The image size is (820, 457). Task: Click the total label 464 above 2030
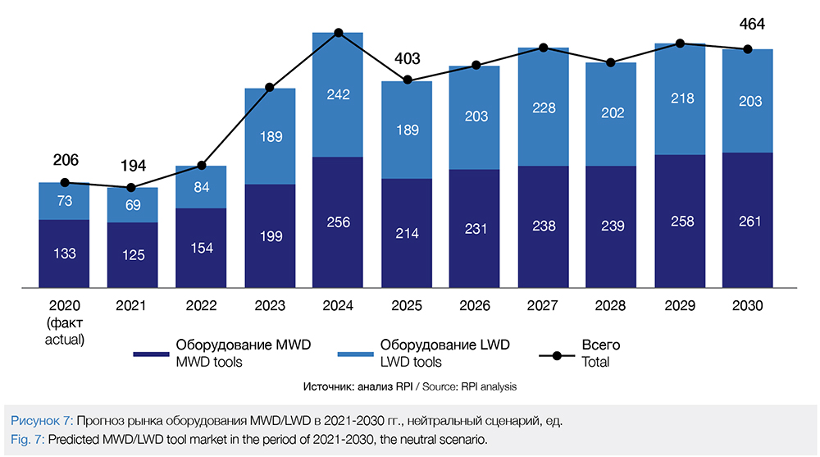tap(751, 24)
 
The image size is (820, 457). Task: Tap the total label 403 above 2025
tap(407, 58)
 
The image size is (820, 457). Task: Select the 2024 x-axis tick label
tap(338, 306)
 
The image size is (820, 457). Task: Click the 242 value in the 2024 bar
tap(338, 94)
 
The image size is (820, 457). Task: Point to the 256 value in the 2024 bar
tap(338, 222)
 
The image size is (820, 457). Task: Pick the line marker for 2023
tap(270, 87)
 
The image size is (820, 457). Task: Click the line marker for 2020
tap(65, 182)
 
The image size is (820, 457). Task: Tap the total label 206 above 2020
tap(65, 160)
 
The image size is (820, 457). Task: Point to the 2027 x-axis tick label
tap(543, 306)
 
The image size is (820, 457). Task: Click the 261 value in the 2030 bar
tap(749, 222)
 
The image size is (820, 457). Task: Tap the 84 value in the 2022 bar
tap(202, 187)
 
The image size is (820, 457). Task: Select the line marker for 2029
tap(680, 43)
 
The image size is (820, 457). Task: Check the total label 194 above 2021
tap(133, 167)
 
